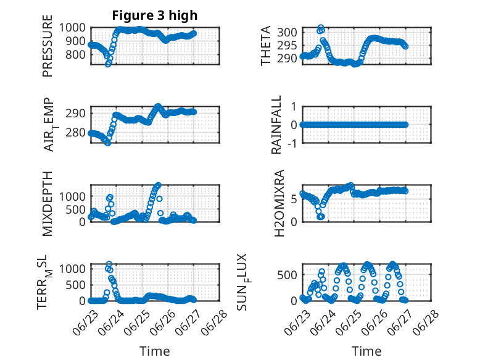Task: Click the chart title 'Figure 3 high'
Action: [x=155, y=15]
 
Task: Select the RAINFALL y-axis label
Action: [x=277, y=125]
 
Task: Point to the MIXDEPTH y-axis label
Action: [x=48, y=203]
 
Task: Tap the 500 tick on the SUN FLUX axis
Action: [x=288, y=274]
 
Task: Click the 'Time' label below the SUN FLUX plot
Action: [x=366, y=351]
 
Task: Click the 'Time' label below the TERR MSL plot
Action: [x=155, y=351]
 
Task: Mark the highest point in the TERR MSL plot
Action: [x=109, y=265]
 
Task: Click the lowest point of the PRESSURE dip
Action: [x=108, y=64]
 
